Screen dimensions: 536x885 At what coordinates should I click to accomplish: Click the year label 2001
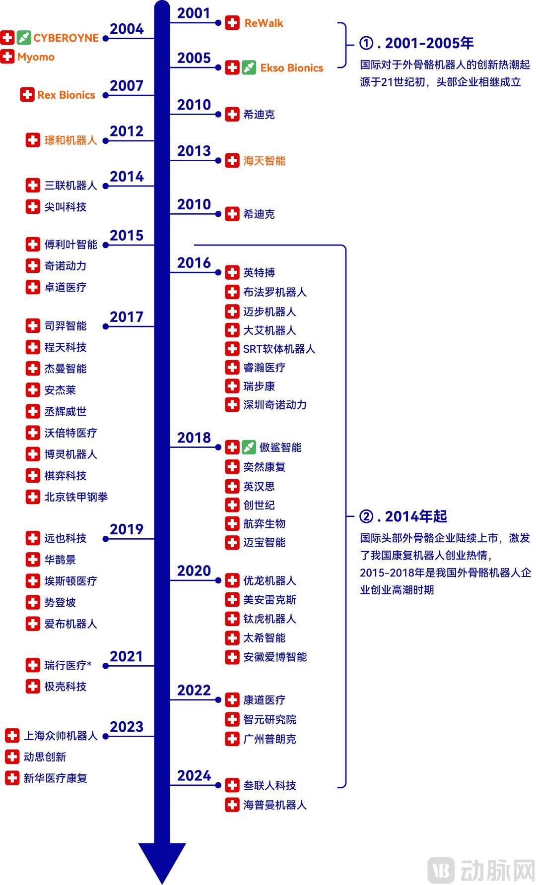pyautogui.click(x=194, y=13)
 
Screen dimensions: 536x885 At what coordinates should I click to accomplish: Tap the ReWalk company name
pyautogui.click(x=264, y=23)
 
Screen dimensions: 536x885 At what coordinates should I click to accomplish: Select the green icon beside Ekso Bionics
pyautogui.click(x=249, y=67)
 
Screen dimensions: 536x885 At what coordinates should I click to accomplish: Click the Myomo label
pyautogui.click(x=36, y=57)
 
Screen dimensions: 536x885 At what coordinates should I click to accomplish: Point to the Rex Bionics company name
pyautogui.click(x=66, y=95)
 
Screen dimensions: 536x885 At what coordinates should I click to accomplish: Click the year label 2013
pyautogui.click(x=194, y=151)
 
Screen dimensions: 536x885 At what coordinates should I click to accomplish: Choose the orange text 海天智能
pyautogui.click(x=264, y=161)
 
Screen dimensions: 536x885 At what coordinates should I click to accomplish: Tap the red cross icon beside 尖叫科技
pyautogui.click(x=33, y=206)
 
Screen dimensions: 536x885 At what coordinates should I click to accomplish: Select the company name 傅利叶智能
pyautogui.click(x=70, y=244)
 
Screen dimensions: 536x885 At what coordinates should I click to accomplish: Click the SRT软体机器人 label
pyautogui.click(x=279, y=349)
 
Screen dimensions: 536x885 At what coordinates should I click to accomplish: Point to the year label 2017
pyautogui.click(x=126, y=316)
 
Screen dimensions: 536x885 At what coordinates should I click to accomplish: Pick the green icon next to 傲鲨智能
pyautogui.click(x=249, y=447)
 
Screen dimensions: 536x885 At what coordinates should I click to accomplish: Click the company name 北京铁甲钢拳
pyautogui.click(x=76, y=497)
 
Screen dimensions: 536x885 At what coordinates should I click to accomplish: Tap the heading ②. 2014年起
pyautogui.click(x=403, y=516)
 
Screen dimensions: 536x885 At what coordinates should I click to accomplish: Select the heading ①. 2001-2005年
pyautogui.click(x=416, y=43)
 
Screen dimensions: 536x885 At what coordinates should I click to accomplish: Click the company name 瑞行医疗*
pyautogui.click(x=68, y=665)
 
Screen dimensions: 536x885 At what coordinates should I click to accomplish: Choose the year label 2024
pyautogui.click(x=194, y=775)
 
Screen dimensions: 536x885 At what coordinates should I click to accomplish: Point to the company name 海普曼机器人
pyautogui.click(x=274, y=805)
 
